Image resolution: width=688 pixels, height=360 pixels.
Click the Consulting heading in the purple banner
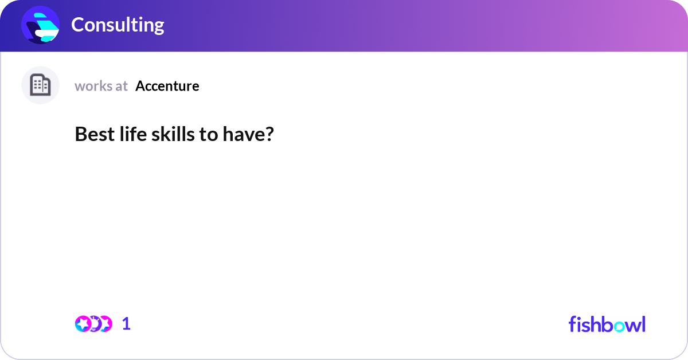coord(118,25)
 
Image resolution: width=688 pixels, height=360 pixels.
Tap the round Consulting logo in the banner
coord(41,25)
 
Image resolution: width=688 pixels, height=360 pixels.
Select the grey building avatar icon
coord(40,85)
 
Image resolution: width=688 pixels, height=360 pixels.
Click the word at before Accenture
coord(122,86)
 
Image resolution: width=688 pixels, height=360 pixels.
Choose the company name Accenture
coord(167,86)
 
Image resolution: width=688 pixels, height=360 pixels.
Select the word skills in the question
coord(169,134)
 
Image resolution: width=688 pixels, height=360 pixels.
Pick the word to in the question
coord(206,134)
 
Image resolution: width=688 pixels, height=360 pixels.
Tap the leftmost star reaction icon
coord(83,324)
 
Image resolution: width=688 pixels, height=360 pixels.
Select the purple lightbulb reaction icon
coord(94,324)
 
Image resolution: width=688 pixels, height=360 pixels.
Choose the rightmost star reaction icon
coord(105,324)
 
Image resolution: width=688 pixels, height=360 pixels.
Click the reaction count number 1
coord(126,324)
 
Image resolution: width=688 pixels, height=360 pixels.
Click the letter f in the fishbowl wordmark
coord(572,324)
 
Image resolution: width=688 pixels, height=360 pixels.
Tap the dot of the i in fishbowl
coord(580,317)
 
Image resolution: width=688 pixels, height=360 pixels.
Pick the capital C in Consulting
coord(78,25)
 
